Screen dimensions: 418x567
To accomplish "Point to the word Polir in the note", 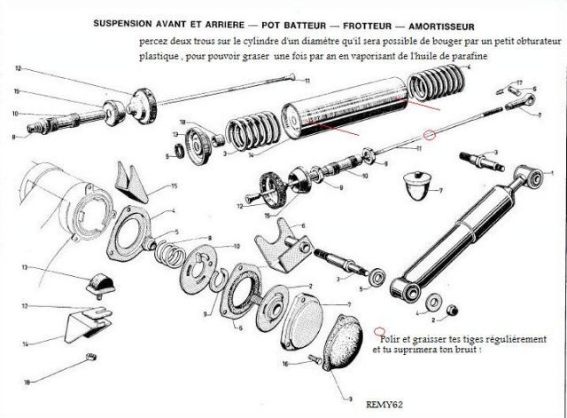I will (390, 338).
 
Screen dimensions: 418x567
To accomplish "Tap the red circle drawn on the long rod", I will (431, 135).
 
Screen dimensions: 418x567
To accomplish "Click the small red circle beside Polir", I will (379, 328).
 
